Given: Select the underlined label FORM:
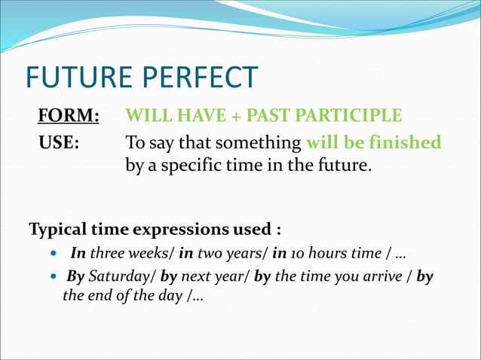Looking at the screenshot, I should (x=69, y=116).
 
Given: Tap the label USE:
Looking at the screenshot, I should (x=60, y=142).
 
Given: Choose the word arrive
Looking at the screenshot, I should (x=381, y=276).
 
